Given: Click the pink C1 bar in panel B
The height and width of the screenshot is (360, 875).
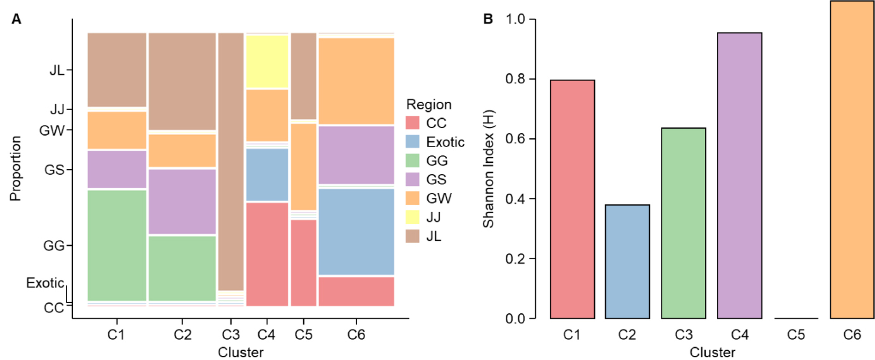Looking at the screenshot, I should coord(572,199).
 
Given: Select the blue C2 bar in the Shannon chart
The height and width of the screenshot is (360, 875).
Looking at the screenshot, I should coord(627,261).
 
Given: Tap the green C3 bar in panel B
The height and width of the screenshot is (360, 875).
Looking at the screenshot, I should coord(683,223).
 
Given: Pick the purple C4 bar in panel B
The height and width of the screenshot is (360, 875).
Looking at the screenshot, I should coord(740,175).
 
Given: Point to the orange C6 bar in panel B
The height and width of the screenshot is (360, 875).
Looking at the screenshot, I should coord(852,160).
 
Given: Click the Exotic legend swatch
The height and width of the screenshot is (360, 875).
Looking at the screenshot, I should coord(412,142).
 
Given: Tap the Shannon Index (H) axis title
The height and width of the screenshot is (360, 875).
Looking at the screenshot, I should coord(488,169).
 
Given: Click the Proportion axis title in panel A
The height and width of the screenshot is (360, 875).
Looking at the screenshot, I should coord(15,168).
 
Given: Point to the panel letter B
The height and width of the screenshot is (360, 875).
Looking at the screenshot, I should coord(488,19).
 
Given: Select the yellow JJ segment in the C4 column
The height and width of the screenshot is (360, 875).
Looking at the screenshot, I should coord(267,62).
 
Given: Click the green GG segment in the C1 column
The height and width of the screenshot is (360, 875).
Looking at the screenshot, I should coord(117,245).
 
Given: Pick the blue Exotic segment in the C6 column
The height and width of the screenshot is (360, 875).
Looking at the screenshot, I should coord(356,232).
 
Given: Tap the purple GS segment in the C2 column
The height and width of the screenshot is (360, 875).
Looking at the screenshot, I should coord(182,202).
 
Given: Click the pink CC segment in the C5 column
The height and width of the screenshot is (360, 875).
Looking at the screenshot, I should coord(303,263).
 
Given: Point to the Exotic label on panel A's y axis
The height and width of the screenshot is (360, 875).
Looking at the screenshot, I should coord(45,283).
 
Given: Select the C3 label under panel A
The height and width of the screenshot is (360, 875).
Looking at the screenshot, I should coord(230,335).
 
